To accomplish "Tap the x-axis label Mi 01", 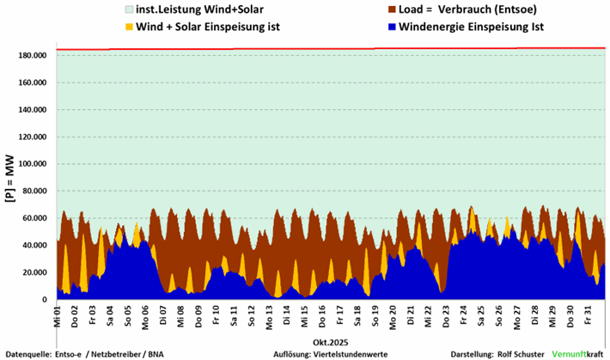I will [58, 314].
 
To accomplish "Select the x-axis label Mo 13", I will [269, 314].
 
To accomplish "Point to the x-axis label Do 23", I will [446, 314].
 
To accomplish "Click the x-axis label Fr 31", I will [587, 314].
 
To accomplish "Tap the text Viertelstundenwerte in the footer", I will [353, 353].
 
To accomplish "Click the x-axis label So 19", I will [375, 314].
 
